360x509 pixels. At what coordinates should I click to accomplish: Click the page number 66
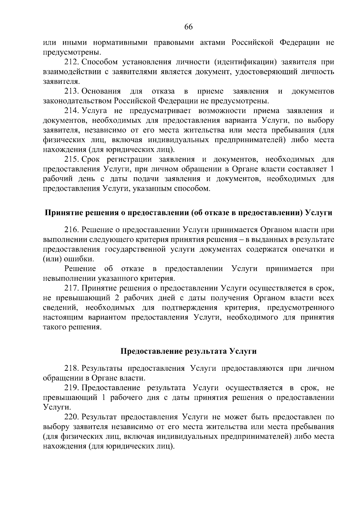click(x=188, y=27)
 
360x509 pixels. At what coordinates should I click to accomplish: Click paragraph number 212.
click(x=71, y=62)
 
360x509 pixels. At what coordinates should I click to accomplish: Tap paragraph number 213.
click(x=71, y=91)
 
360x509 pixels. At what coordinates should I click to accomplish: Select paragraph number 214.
click(x=71, y=111)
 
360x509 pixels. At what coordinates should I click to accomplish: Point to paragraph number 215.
click(x=71, y=159)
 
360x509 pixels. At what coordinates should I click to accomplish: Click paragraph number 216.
click(x=71, y=230)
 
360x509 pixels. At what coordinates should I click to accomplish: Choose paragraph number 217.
click(x=71, y=288)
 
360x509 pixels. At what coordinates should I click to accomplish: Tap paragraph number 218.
click(x=71, y=368)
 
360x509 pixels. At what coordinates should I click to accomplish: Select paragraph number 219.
click(x=71, y=388)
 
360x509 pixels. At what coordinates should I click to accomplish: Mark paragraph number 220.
click(x=71, y=417)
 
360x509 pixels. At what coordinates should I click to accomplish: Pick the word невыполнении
click(x=69, y=278)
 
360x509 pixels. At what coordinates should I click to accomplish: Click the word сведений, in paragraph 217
click(x=60, y=308)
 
